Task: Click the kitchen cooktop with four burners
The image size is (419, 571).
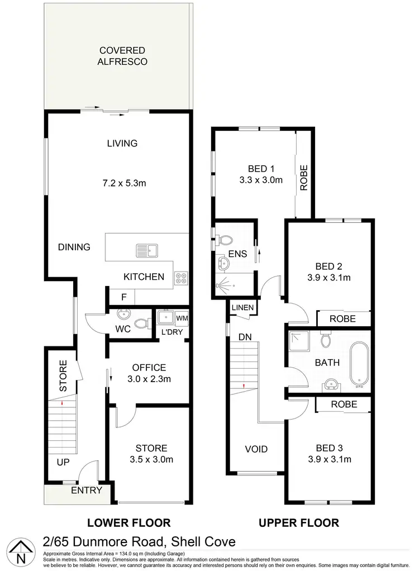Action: tap(182, 277)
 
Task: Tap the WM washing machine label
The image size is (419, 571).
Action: tap(182, 318)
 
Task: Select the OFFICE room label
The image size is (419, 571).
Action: tap(149, 368)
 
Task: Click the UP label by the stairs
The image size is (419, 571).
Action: tap(63, 463)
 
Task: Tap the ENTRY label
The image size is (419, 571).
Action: tap(87, 491)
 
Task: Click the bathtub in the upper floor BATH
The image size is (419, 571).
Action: tap(358, 367)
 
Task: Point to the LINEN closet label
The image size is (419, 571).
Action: tap(243, 308)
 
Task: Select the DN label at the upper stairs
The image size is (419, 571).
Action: tap(244, 337)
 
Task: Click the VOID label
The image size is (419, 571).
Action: tap(256, 449)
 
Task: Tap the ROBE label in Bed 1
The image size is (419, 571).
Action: tap(304, 178)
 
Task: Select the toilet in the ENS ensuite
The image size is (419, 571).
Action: tap(226, 241)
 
